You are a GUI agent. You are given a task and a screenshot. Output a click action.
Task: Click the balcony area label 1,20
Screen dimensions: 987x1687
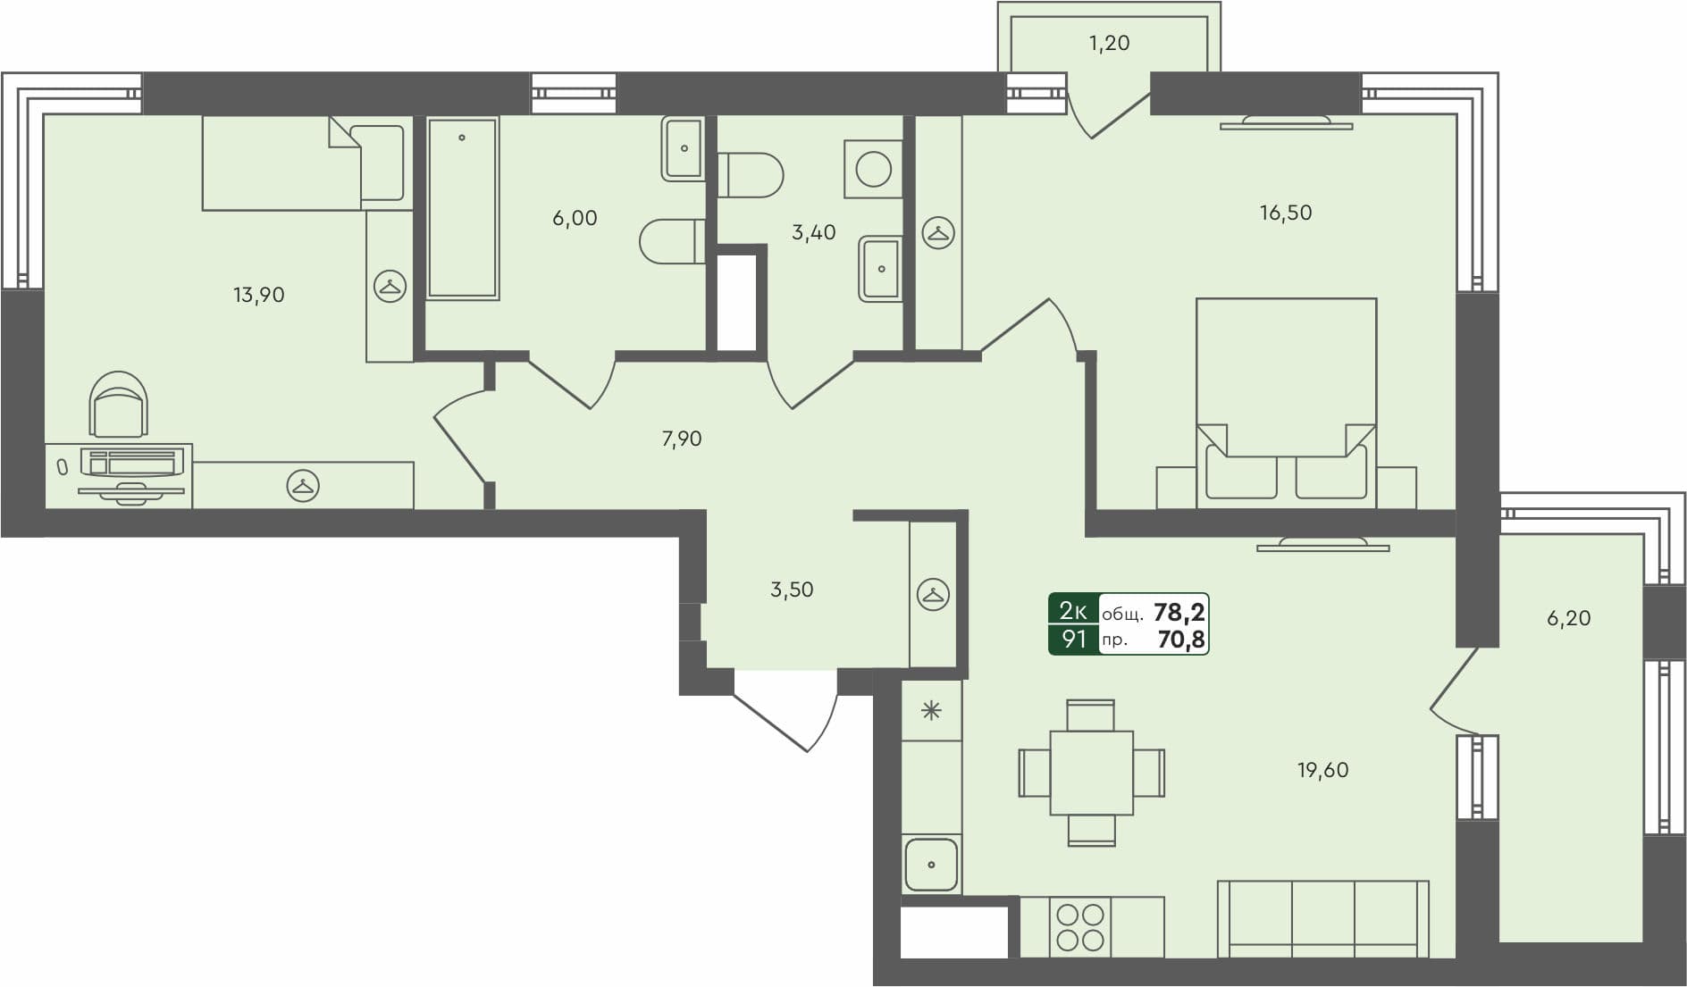tap(1109, 43)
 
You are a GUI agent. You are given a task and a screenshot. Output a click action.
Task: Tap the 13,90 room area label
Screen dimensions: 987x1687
tap(258, 295)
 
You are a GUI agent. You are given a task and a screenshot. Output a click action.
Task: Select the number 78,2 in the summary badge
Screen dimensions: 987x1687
tap(1179, 612)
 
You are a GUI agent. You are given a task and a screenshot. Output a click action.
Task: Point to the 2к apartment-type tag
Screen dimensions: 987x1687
tap(1073, 611)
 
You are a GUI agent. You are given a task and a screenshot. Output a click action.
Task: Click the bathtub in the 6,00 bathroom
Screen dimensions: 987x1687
tap(462, 207)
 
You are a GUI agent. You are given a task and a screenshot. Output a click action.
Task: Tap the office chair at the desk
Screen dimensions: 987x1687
tap(119, 405)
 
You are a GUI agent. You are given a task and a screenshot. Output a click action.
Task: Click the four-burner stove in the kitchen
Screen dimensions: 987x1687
tap(1080, 927)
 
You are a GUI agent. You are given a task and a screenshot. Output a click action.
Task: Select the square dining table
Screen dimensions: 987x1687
tap(1091, 773)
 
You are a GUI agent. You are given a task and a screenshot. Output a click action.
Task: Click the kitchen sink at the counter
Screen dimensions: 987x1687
tap(931, 864)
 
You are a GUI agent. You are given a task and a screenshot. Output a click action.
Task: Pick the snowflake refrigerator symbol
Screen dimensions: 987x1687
tap(931, 711)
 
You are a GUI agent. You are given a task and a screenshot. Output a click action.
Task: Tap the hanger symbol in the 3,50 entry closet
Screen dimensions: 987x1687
tap(933, 595)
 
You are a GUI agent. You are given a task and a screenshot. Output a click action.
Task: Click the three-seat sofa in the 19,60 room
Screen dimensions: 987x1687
tap(1322, 918)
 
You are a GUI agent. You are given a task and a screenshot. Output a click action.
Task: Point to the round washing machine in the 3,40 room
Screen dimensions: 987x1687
tap(873, 169)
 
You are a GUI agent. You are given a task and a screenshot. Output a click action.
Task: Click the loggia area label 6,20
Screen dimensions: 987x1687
tap(1568, 618)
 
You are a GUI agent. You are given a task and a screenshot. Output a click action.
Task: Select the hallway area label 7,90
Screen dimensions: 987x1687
tap(681, 439)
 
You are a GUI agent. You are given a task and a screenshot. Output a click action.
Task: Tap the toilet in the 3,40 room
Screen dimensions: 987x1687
tap(751, 175)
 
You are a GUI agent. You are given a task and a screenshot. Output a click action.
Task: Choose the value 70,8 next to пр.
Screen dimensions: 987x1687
tap(1180, 640)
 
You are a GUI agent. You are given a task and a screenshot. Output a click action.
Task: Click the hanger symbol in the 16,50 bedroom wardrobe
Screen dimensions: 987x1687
tap(938, 233)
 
